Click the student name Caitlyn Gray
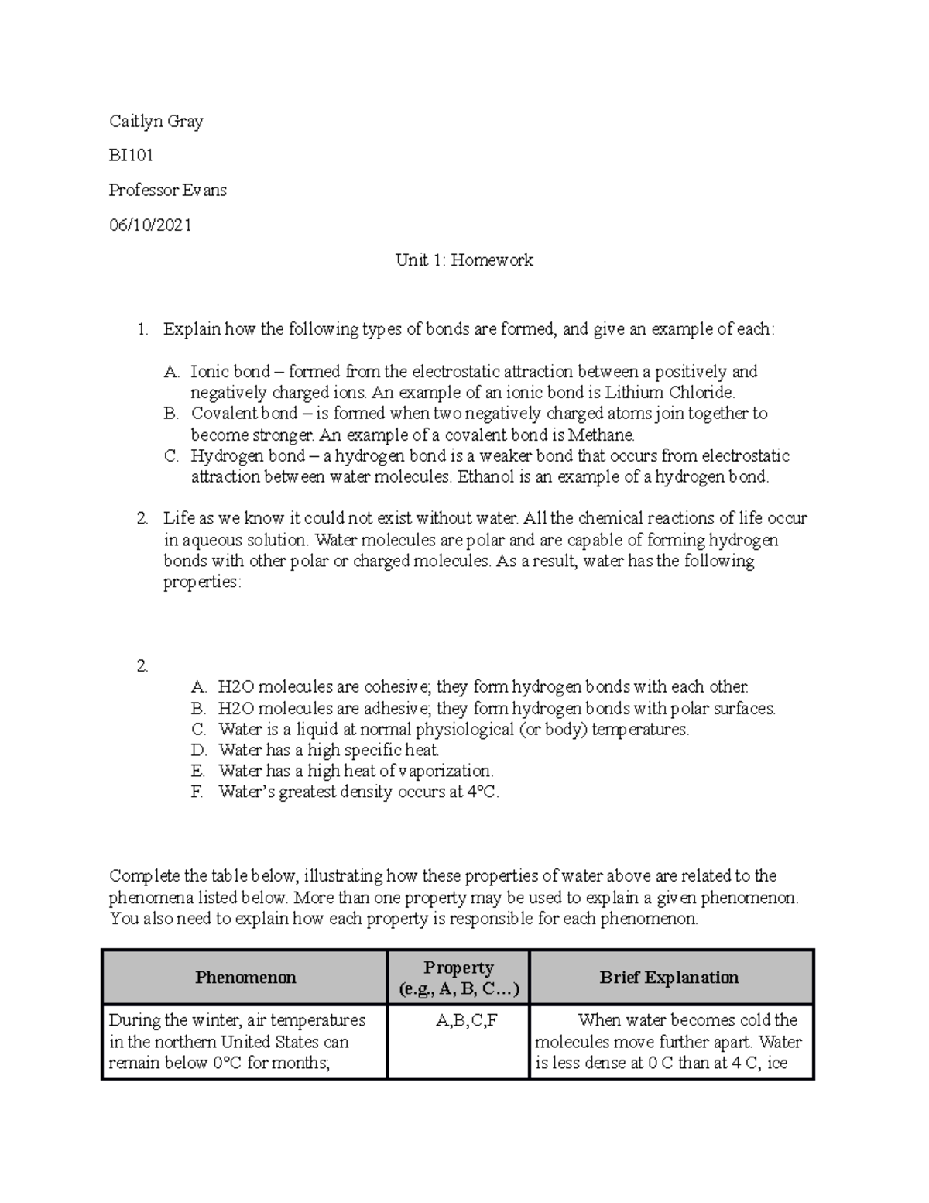coord(156,122)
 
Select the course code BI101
coord(131,156)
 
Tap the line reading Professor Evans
coord(167,191)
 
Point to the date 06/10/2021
coord(149,225)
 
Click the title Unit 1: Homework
coord(464,260)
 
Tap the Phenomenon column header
coord(245,978)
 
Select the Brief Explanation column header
coord(669,978)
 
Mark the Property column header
coord(458,978)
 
